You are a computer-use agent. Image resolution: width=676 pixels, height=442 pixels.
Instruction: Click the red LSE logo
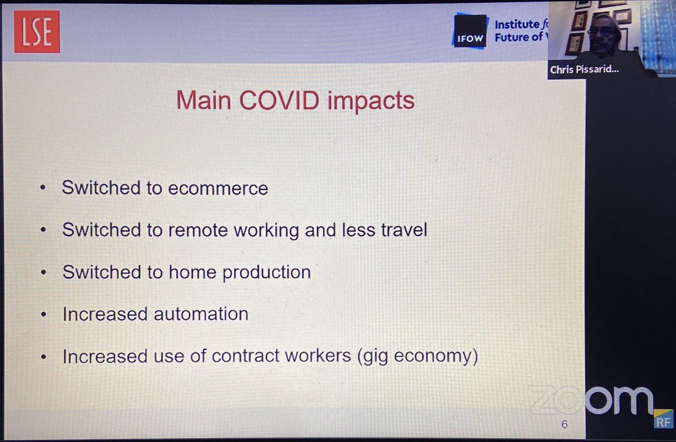pos(37,32)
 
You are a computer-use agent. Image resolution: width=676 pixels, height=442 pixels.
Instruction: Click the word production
pos(266,272)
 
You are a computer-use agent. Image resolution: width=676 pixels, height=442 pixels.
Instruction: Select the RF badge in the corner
pos(663,420)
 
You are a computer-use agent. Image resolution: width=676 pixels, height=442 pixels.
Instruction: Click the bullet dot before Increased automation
pos(43,315)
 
